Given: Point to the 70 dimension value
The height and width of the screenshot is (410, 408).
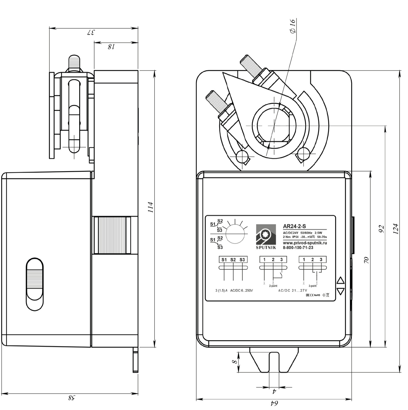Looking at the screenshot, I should point(366,259).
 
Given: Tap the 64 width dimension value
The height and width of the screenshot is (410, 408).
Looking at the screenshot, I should point(274,403).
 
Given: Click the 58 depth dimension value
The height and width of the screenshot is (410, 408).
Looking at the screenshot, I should point(71,397).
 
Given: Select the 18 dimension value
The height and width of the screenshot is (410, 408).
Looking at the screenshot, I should point(111,46).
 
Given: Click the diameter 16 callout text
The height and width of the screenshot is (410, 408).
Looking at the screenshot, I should point(292,26).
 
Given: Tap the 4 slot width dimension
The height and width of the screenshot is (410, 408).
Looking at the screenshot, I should point(274,391).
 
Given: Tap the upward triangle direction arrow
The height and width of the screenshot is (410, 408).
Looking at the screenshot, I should point(340,280).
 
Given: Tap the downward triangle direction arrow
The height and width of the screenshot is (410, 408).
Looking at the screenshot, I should point(340,291).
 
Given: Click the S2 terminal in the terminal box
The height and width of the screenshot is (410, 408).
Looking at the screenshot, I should point(233,259).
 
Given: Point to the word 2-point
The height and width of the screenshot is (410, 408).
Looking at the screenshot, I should point(273,286).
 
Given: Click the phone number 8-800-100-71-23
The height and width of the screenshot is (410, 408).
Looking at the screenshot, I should point(298,248).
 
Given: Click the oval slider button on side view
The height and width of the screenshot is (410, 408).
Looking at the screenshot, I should point(35,284).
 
